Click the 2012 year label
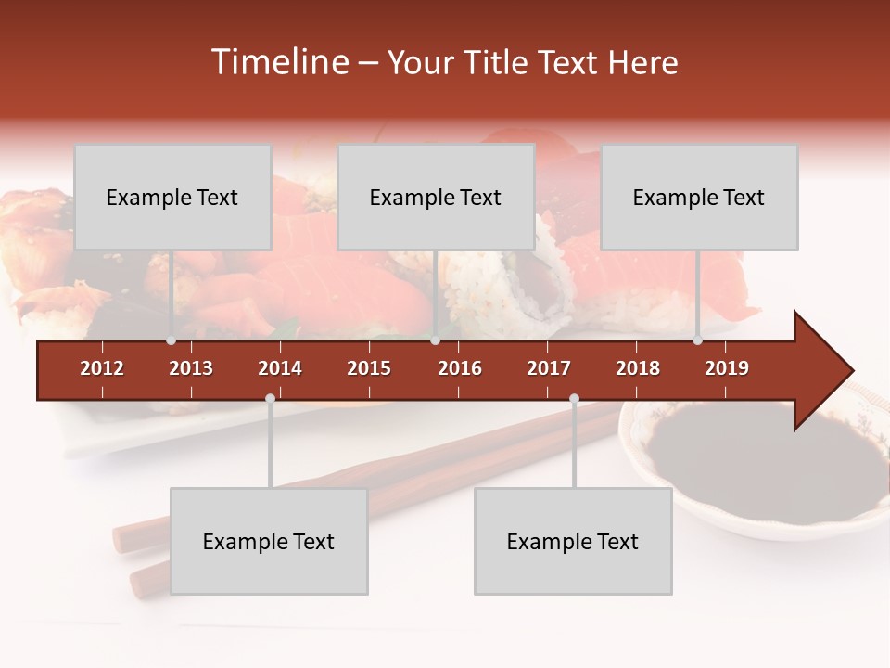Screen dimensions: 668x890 coord(102,368)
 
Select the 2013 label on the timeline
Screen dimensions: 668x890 coord(191,368)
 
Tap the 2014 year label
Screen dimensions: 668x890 coord(280,368)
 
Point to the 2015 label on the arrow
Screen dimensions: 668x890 coord(369,368)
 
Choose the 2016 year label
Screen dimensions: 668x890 coord(460,368)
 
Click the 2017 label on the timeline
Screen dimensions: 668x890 coord(549,368)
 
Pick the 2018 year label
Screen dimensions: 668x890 coord(638,368)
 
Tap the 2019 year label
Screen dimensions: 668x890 coord(727,368)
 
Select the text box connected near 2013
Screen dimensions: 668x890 coord(172,197)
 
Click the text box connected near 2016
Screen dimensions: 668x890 coord(436,197)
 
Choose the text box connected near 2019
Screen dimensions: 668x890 coord(699,197)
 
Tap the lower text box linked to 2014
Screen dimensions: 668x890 coord(269,541)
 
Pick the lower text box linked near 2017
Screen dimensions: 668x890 coord(573,541)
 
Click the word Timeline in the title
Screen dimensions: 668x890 coord(278,62)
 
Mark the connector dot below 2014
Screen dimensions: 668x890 coord(270,398)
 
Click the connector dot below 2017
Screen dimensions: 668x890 coord(574,398)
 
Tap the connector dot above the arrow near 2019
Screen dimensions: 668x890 coord(697,340)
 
